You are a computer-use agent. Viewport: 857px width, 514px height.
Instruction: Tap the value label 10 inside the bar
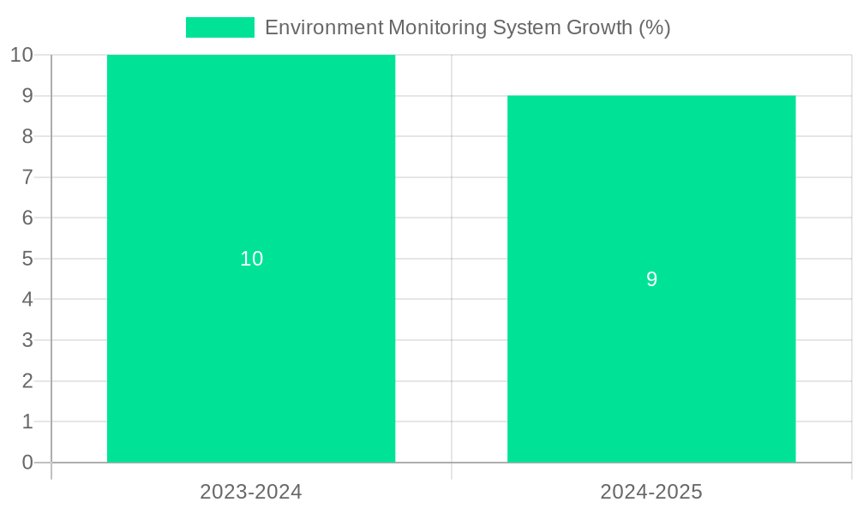[x=251, y=259]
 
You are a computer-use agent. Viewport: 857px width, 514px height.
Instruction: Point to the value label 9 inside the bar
[x=651, y=279]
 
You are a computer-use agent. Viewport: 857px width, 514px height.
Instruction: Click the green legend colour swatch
[x=220, y=27]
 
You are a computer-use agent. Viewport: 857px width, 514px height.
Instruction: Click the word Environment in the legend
[x=323, y=27]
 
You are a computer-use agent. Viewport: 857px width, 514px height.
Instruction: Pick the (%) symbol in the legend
[x=655, y=27]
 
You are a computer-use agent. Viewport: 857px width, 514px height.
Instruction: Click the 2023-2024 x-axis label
[x=251, y=492]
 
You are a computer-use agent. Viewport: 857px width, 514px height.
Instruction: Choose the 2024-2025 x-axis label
[x=651, y=492]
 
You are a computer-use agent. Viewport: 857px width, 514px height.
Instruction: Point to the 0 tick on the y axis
[x=27, y=463]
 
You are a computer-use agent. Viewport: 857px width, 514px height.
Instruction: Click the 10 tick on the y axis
[x=21, y=55]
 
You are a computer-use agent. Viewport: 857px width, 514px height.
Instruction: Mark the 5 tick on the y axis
[x=27, y=259]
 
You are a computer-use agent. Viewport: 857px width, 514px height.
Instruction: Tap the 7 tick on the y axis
[x=27, y=177]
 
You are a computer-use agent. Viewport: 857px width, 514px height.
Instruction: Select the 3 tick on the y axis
[x=27, y=340]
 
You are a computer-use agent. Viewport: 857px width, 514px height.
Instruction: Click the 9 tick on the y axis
[x=27, y=96]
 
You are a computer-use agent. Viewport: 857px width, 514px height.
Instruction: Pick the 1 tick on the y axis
[x=27, y=421]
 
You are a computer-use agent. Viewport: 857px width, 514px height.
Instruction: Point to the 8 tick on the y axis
[x=27, y=136]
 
